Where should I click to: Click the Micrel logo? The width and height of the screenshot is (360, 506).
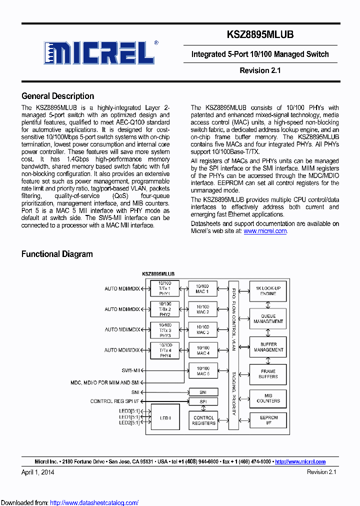pyautogui.click(x=100, y=52)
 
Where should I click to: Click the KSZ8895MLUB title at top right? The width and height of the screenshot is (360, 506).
pyautogui.click(x=260, y=34)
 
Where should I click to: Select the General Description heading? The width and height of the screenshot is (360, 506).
pyautogui.click(x=57, y=96)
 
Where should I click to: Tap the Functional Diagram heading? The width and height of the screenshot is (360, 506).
pyautogui.click(x=57, y=254)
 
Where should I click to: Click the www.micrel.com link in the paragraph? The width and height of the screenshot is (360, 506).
pyautogui.click(x=265, y=231)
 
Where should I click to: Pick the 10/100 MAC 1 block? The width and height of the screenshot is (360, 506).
pyautogui.click(x=203, y=289)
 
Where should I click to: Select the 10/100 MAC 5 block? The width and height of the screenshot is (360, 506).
pyautogui.click(x=203, y=371)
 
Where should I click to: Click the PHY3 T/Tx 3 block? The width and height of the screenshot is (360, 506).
pyautogui.click(x=164, y=330)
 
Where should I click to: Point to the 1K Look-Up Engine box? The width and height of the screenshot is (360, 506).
pyautogui.click(x=268, y=291)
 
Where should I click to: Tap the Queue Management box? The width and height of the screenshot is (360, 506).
pyautogui.click(x=268, y=319)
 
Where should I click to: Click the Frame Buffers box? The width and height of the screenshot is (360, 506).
pyautogui.click(x=268, y=374)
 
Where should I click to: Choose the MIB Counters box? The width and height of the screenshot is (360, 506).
pyautogui.click(x=268, y=398)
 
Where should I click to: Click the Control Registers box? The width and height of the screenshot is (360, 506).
pyautogui.click(x=203, y=420)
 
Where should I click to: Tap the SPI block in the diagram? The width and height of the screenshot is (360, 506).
pyautogui.click(x=203, y=401)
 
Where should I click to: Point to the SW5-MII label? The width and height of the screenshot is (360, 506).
pyautogui.click(x=130, y=370)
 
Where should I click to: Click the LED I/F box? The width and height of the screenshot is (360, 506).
pyautogui.click(x=164, y=417)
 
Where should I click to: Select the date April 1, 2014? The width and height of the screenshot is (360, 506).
pyautogui.click(x=38, y=472)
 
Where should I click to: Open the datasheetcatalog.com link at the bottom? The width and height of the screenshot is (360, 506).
pyautogui.click(x=94, y=502)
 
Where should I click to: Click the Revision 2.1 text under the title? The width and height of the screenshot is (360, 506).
pyautogui.click(x=260, y=70)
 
